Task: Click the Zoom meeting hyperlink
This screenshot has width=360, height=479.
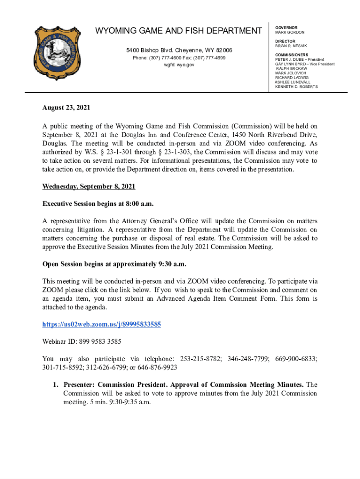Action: coord(101,324)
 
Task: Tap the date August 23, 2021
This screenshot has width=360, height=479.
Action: coord(66,108)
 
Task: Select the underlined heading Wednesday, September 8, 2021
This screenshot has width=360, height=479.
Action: coord(89,186)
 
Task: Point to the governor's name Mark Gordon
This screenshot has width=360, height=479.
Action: coord(289,32)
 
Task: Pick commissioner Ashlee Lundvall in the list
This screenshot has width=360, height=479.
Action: coord(292,82)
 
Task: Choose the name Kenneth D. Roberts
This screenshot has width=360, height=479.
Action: coord(296,87)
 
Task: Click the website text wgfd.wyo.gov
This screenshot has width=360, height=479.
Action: coord(179,65)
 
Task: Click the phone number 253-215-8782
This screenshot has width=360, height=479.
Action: coord(200,359)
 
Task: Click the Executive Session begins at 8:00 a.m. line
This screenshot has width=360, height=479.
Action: coord(98,204)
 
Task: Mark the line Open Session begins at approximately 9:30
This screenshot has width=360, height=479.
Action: coord(114,264)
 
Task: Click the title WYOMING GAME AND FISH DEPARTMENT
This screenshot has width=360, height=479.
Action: coord(179,31)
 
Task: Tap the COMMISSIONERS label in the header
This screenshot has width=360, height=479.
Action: coord(291,55)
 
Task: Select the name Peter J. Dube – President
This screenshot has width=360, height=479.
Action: coord(299,60)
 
